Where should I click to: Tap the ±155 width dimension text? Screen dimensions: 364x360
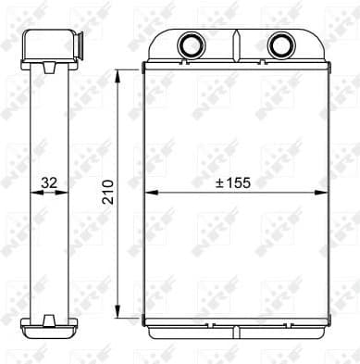(x=232, y=183)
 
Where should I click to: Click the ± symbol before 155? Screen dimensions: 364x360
(x=219, y=183)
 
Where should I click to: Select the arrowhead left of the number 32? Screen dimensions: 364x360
(x=33, y=192)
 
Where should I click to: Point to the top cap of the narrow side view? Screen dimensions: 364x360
(x=47, y=44)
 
